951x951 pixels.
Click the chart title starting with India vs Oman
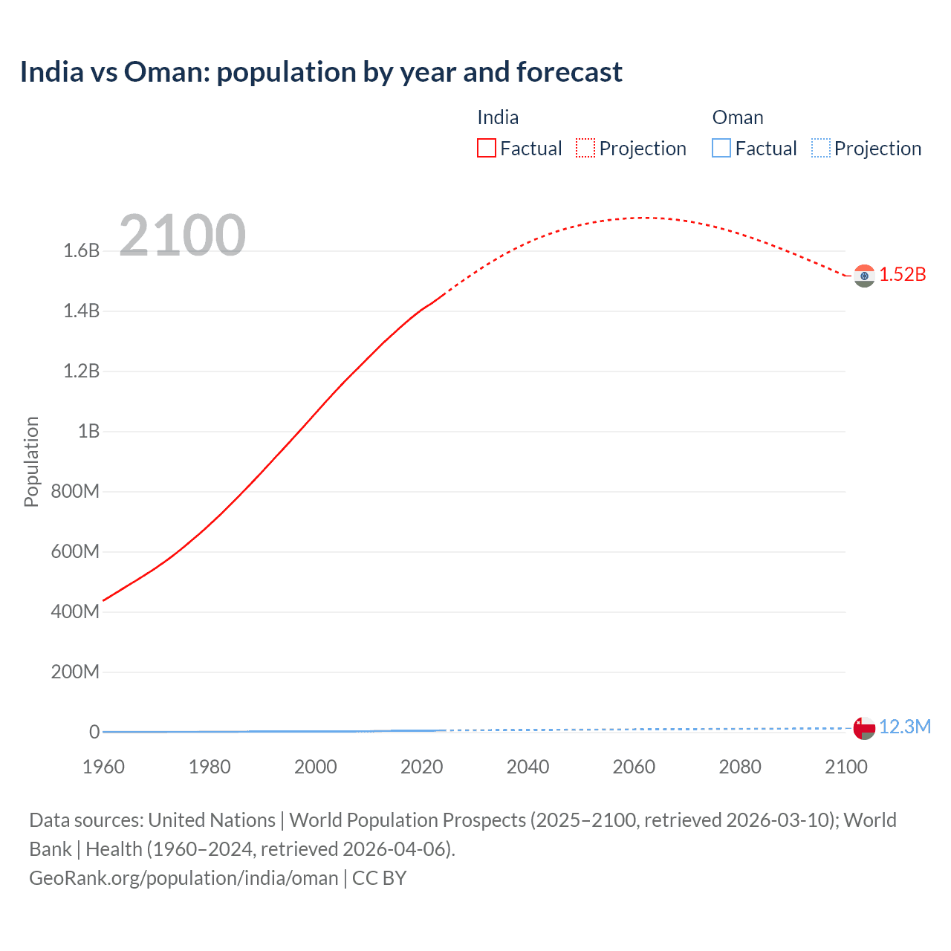(321, 72)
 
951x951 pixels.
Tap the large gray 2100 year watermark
(182, 235)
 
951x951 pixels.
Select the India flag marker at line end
(864, 276)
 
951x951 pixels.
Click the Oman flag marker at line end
(864, 728)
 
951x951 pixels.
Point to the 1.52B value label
(903, 274)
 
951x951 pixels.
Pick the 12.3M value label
(905, 727)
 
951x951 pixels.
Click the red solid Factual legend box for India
(486, 149)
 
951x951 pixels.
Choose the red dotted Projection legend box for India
(585, 149)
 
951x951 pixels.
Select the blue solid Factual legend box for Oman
(721, 149)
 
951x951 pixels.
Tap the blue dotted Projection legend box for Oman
(820, 149)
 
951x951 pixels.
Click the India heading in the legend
(498, 117)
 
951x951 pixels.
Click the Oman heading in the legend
(738, 117)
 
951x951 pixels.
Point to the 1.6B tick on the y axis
(82, 250)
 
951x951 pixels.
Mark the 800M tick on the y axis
(75, 491)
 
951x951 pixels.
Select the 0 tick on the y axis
(94, 732)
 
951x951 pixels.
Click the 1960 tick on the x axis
(103, 767)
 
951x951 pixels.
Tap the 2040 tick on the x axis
(528, 767)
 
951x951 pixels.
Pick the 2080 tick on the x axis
(740, 767)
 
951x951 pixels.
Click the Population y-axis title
(31, 461)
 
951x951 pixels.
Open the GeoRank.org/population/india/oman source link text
(184, 878)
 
